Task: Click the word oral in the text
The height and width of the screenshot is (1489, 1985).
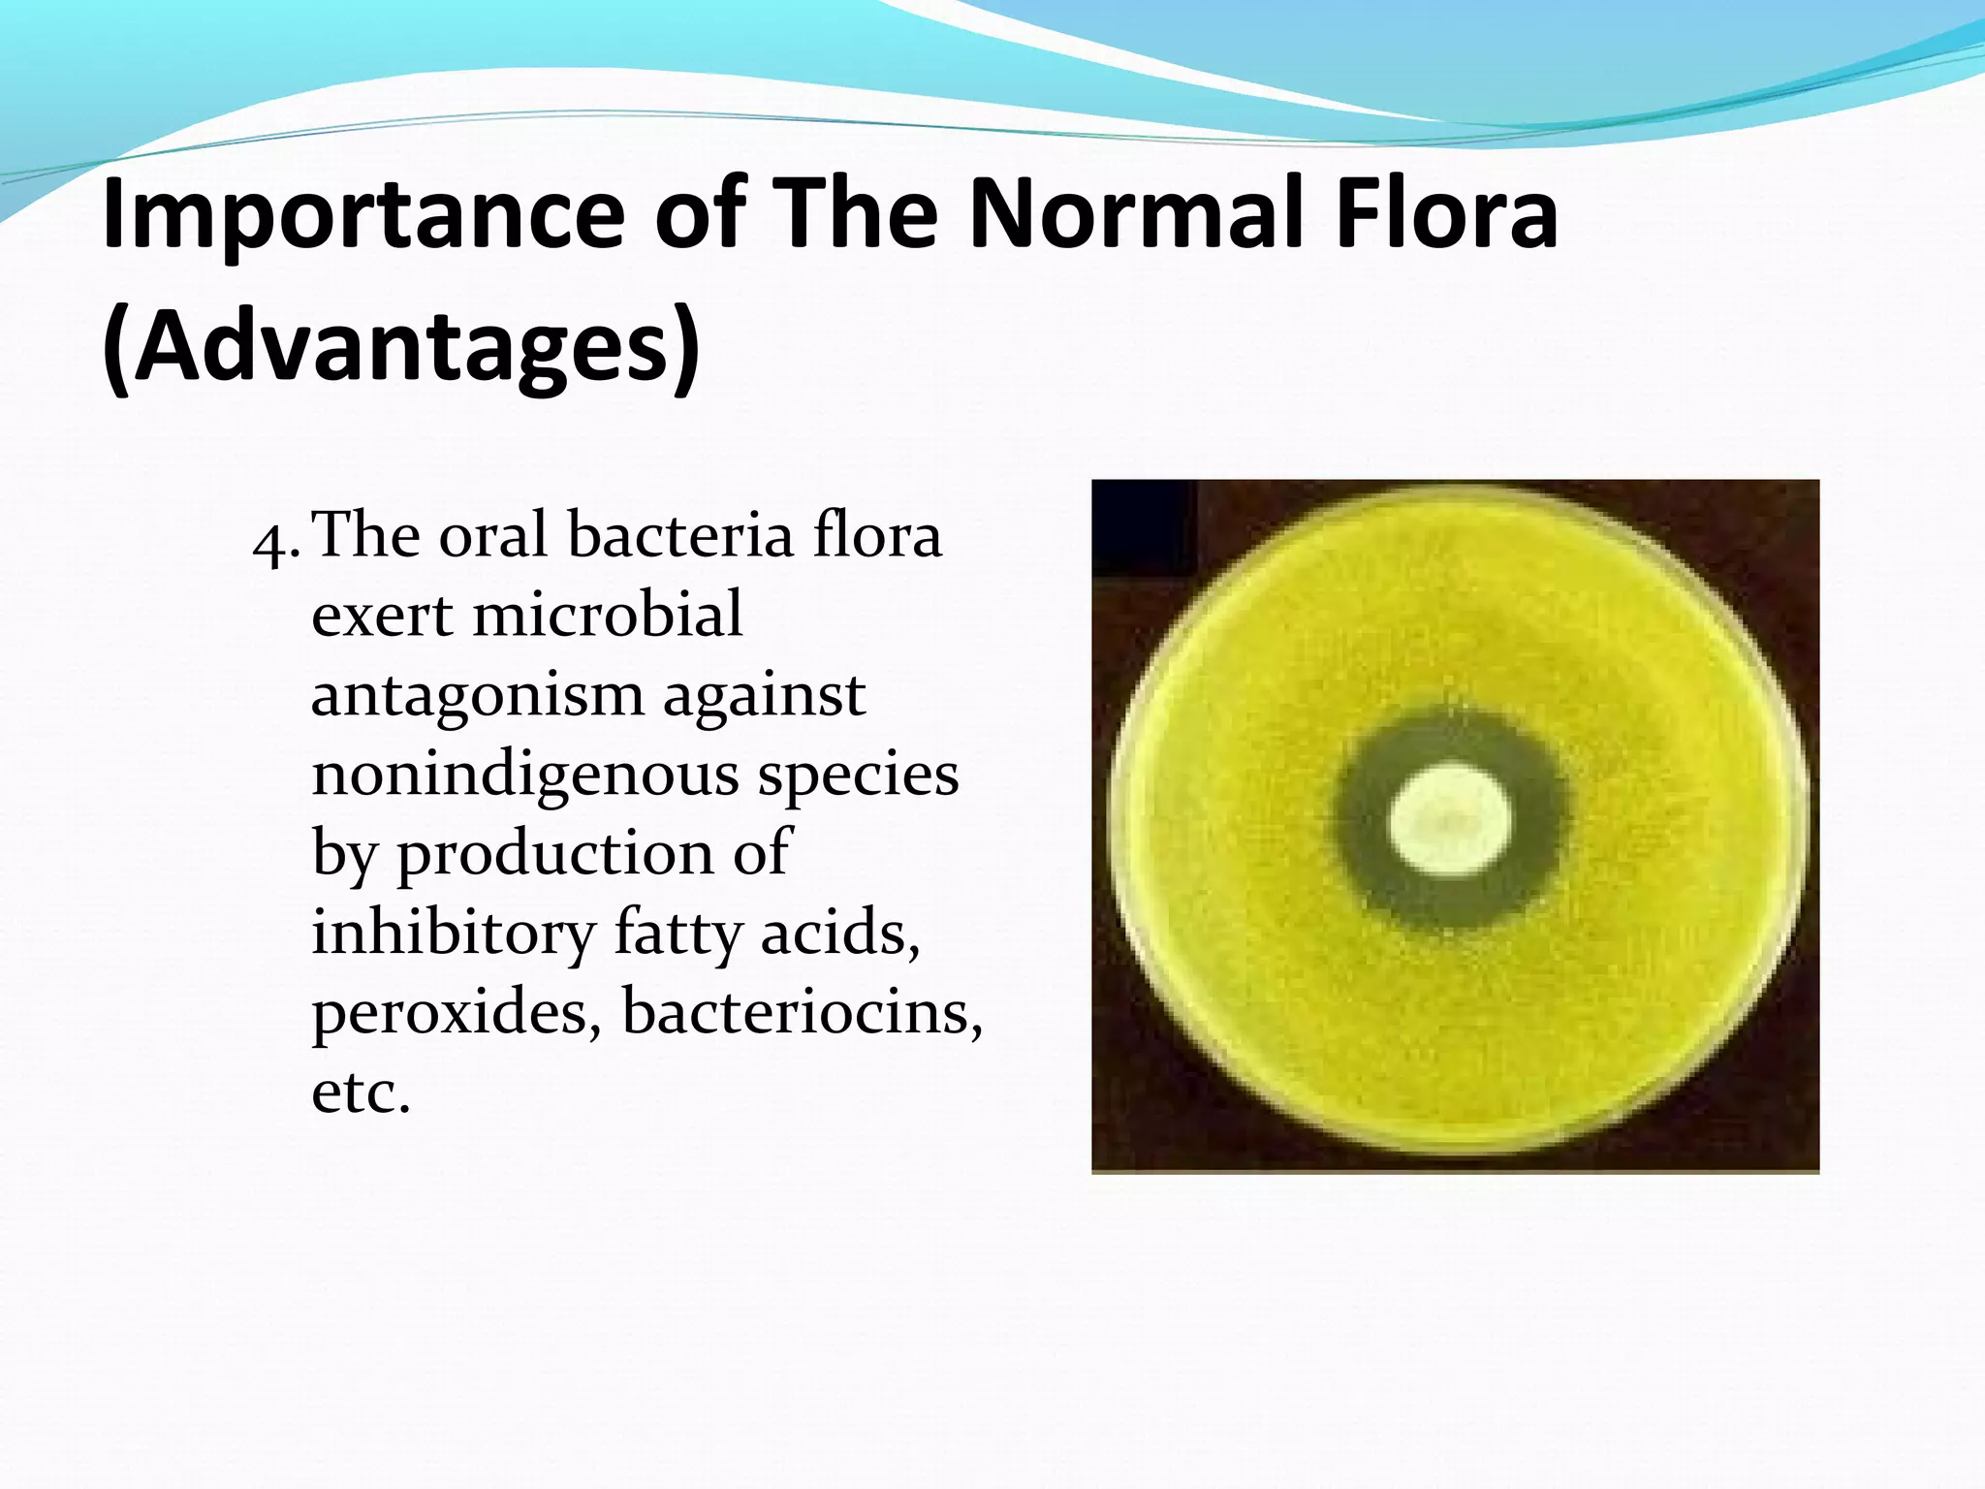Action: click(493, 535)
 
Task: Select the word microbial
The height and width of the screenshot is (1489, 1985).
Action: click(608, 615)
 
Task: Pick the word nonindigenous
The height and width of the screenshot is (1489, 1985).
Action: click(524, 776)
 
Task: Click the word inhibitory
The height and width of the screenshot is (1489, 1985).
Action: click(453, 935)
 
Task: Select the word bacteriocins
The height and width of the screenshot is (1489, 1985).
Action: click(802, 1012)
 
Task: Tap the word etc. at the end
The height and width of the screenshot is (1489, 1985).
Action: click(361, 1093)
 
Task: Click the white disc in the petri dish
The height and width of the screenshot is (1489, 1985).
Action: click(1449, 820)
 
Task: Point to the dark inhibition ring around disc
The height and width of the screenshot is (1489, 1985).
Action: click(1357, 824)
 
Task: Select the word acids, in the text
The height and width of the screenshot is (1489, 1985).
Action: click(840, 933)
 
